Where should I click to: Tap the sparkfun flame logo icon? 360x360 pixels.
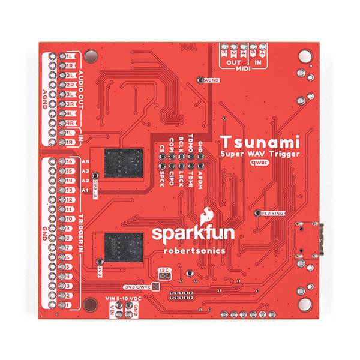click(x=207, y=215)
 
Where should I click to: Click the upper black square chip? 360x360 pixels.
click(x=124, y=162)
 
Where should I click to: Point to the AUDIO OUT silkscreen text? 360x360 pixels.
click(x=82, y=86)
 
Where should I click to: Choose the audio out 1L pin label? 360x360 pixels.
click(x=69, y=56)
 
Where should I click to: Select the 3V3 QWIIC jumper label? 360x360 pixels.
click(x=137, y=286)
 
